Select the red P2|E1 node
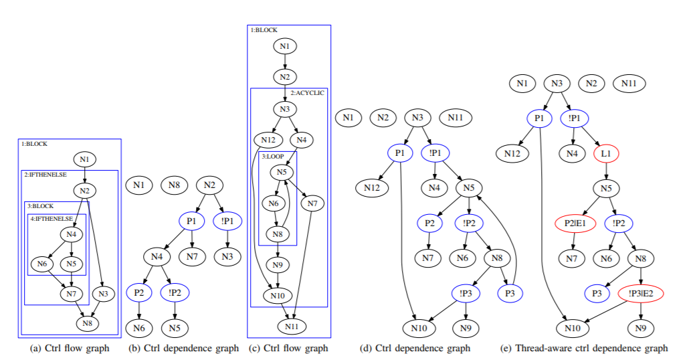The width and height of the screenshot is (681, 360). (571, 223)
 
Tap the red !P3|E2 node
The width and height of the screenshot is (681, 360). (641, 292)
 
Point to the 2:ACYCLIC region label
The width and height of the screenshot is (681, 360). (308, 92)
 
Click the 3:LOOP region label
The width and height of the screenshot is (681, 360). (273, 156)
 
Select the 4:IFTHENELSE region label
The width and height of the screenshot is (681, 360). (52, 219)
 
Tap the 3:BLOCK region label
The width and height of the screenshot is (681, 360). (41, 206)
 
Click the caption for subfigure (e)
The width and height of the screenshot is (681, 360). (585, 348)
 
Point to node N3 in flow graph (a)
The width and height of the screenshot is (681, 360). (102, 293)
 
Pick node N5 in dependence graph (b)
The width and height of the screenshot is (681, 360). (174, 327)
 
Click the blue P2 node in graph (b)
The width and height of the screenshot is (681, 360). (138, 292)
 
